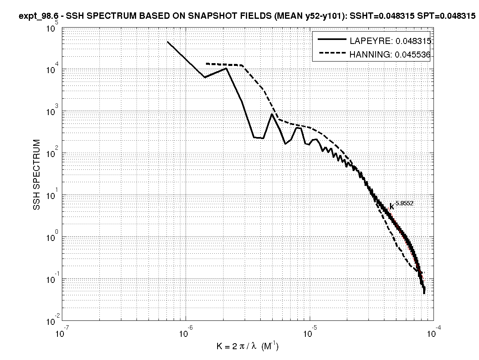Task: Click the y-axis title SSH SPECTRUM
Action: click(x=36, y=174)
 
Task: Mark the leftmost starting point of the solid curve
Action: click(x=168, y=42)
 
